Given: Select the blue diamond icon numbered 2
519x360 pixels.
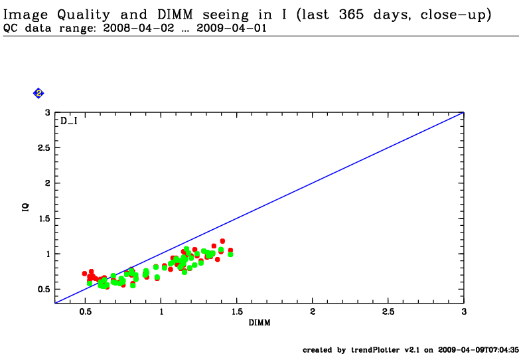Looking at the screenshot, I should tap(38, 94).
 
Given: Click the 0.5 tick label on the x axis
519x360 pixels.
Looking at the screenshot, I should tap(85, 312).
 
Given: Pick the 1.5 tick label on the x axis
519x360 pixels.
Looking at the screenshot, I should tap(236, 312).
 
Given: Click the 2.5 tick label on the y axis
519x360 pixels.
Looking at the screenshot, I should tap(44, 147).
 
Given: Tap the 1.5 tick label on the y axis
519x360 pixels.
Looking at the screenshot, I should tap(44, 219).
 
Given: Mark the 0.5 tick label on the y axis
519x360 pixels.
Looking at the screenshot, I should tap(44, 289).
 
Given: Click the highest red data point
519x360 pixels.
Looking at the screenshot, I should tap(222, 241).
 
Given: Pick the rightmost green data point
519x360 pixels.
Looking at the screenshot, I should tap(230, 254).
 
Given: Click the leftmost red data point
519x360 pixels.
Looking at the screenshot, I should tap(84, 273).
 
